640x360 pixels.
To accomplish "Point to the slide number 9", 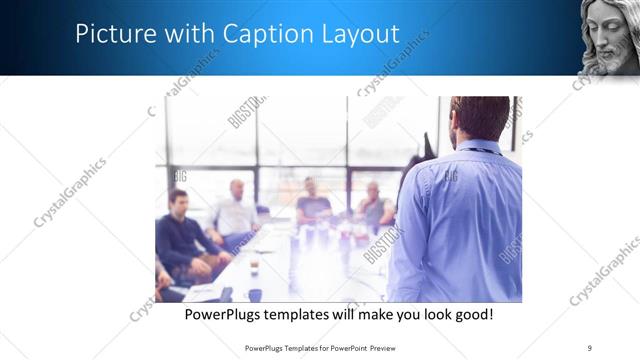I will click(590, 348).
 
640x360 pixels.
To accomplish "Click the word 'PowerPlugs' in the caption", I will click(223, 315).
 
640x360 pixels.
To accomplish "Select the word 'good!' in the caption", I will click(470, 315).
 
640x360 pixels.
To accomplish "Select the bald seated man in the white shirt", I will click(236, 210).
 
